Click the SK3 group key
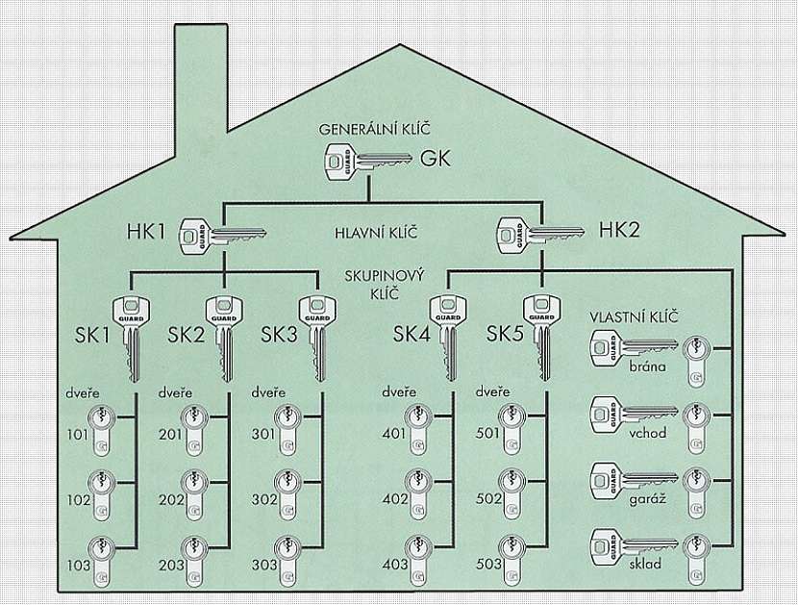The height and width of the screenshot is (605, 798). point(317,332)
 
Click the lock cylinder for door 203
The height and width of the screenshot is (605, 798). point(195,557)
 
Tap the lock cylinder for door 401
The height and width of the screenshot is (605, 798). point(419,429)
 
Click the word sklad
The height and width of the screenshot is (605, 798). point(643,564)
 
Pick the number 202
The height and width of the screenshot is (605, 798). point(170,501)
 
